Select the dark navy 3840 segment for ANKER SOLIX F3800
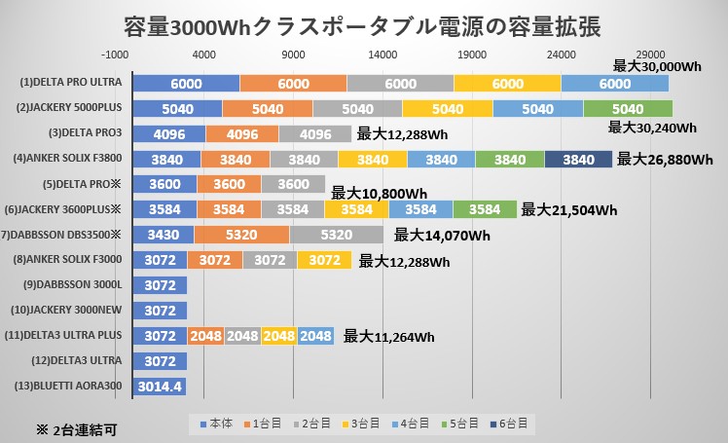(x=578, y=159)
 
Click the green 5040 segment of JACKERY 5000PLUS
(x=628, y=108)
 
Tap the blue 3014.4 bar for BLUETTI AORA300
(x=160, y=387)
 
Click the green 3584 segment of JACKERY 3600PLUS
(x=484, y=209)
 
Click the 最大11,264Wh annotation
(x=388, y=338)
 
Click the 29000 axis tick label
(x=650, y=55)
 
